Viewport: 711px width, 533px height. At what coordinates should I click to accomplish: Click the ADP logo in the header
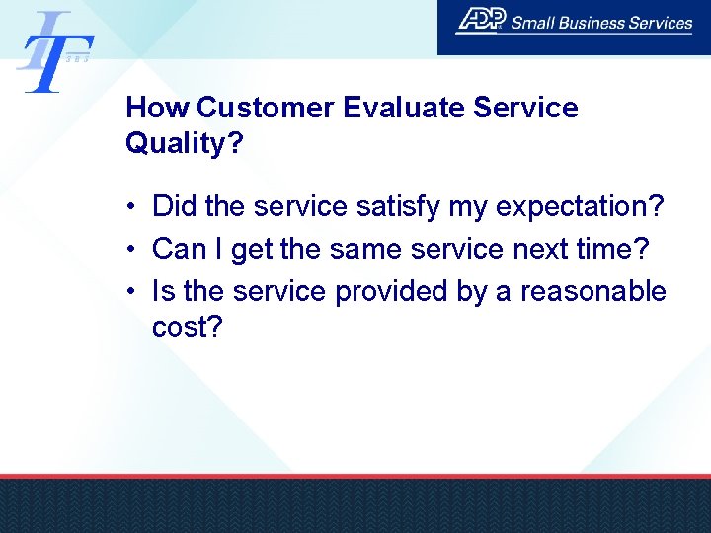pos(480,20)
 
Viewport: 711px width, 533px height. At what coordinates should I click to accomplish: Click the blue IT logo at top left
pos(54,51)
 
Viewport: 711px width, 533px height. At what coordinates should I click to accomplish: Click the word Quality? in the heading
pos(185,144)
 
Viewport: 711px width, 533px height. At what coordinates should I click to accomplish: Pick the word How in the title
pos(158,108)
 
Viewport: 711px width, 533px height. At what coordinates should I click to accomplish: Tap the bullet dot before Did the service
pos(130,208)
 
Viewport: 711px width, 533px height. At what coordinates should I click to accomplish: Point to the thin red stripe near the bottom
pos(355,475)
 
